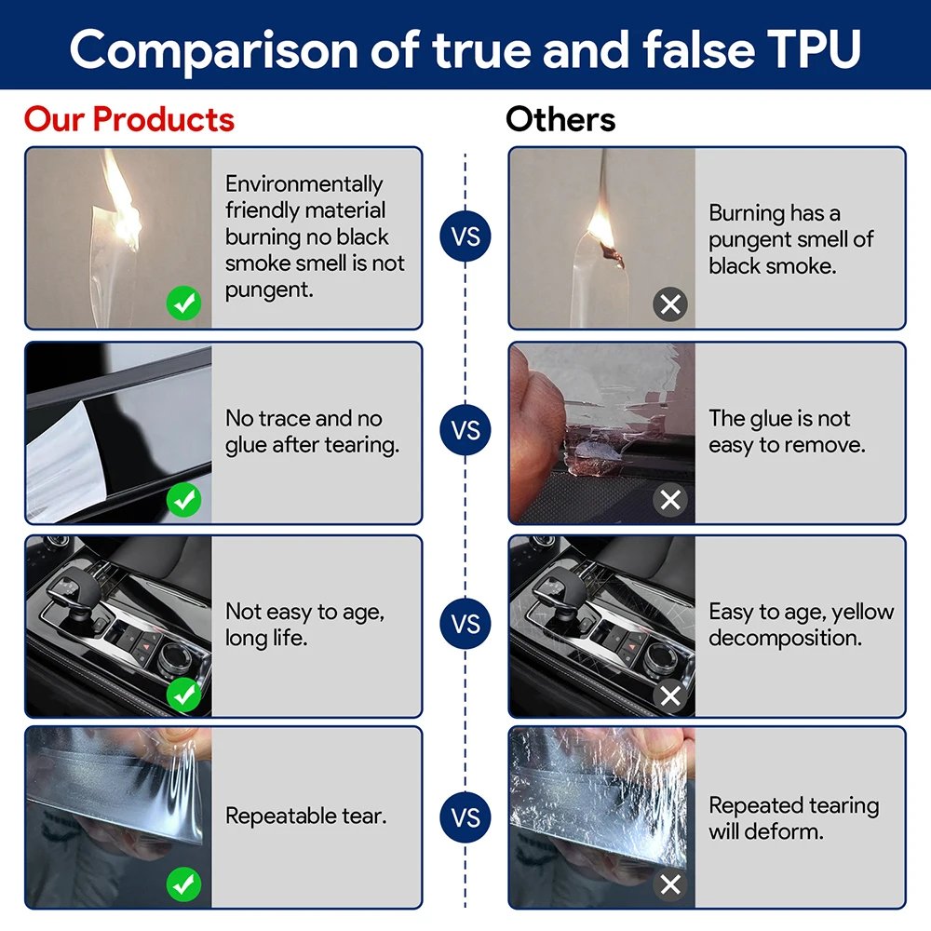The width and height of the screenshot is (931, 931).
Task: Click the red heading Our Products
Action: (129, 119)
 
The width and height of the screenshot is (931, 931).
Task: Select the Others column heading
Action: (560, 119)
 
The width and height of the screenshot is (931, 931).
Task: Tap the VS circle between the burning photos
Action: (465, 237)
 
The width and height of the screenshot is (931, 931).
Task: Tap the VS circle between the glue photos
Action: (465, 431)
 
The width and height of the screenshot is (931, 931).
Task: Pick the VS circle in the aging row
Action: (465, 624)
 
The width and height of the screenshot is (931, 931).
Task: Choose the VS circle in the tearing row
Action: (465, 817)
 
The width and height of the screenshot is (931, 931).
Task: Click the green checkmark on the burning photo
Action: (184, 304)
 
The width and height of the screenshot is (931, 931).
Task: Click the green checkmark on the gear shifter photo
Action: (184, 694)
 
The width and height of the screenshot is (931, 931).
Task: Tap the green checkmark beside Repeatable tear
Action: (184, 884)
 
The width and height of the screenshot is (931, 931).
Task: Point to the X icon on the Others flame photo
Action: (669, 304)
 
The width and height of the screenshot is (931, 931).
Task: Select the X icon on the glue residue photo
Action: (669, 500)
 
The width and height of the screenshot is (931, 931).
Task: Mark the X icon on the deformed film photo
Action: (669, 884)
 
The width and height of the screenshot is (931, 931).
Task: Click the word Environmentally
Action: (304, 184)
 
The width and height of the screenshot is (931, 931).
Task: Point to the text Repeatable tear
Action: (305, 817)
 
